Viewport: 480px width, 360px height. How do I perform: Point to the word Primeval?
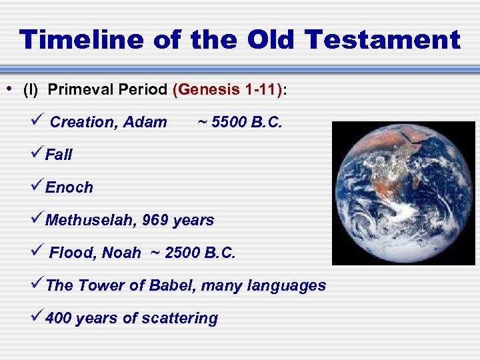[77, 90]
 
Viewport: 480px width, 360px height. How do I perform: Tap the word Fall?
[59, 155]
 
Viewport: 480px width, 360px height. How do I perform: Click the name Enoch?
[69, 187]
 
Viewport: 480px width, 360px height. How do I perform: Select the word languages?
[287, 285]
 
